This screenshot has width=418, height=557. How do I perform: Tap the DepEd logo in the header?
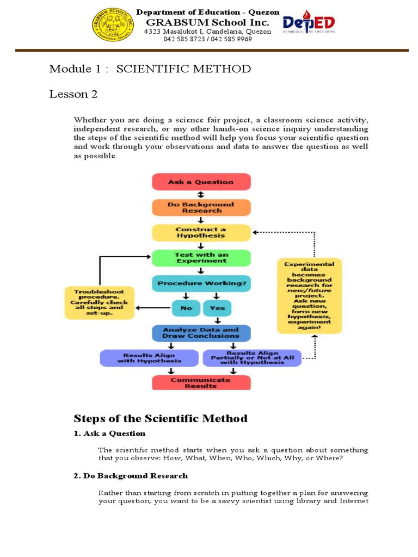pyautogui.click(x=309, y=24)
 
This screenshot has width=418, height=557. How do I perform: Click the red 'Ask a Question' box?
pyautogui.click(x=201, y=182)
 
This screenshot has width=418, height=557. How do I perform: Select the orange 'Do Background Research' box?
pyautogui.click(x=201, y=207)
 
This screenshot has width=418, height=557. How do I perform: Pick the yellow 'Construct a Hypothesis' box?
pyautogui.click(x=201, y=232)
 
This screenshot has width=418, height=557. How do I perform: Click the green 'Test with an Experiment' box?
pyautogui.click(x=201, y=257)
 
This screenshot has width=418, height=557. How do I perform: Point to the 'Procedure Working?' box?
pyautogui.click(x=201, y=283)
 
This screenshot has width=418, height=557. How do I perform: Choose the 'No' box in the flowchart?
pyautogui.click(x=186, y=308)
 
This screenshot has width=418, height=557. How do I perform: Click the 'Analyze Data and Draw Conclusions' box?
pyautogui.click(x=201, y=333)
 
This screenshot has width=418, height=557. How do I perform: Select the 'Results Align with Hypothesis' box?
pyautogui.click(x=150, y=357)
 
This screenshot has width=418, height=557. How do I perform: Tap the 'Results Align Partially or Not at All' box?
pyautogui.click(x=251, y=357)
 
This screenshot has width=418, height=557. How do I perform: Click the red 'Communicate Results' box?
pyautogui.click(x=201, y=382)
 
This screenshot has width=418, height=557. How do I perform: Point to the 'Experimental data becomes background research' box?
pyautogui.click(x=310, y=295)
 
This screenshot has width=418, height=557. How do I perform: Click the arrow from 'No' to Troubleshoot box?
pyautogui.click(x=153, y=308)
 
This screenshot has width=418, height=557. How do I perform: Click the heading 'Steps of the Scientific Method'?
pyautogui.click(x=161, y=418)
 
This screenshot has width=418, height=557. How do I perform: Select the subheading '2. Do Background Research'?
pyautogui.click(x=131, y=476)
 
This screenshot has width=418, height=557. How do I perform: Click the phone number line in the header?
pyautogui.click(x=207, y=39)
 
